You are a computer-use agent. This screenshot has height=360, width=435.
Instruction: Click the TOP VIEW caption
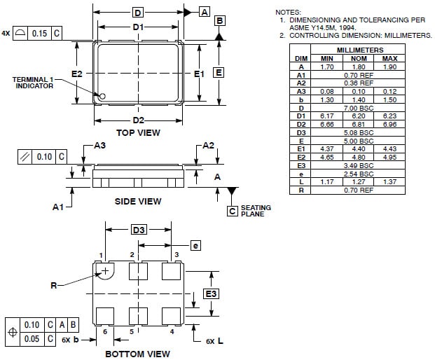(x=138, y=132)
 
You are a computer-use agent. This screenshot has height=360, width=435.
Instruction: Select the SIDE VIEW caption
(x=138, y=201)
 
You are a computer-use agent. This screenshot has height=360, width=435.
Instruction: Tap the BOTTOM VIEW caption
(x=137, y=354)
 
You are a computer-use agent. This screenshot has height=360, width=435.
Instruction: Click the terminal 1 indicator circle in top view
(x=102, y=96)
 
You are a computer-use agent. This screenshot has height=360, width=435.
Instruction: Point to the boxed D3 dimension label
(x=139, y=230)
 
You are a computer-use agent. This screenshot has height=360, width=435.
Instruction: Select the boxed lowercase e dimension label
(x=195, y=245)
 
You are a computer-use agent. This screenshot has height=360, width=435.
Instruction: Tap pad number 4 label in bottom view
(x=172, y=331)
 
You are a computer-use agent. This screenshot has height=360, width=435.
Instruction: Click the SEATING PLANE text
(x=255, y=211)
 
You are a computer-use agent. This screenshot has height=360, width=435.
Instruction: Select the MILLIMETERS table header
(x=359, y=50)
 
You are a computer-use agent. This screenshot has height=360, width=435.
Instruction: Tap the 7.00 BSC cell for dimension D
(x=359, y=108)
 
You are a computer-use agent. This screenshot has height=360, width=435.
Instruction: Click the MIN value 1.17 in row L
(x=326, y=181)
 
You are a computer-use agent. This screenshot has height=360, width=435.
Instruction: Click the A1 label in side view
(x=60, y=207)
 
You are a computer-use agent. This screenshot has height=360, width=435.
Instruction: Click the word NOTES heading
(x=288, y=13)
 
